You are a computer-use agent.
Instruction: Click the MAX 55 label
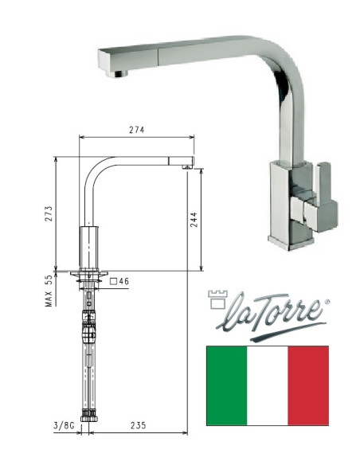[48, 291]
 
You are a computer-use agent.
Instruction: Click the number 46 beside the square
[125, 281]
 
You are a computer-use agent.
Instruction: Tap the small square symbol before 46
[114, 281]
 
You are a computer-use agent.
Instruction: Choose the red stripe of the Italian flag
[309, 385]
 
